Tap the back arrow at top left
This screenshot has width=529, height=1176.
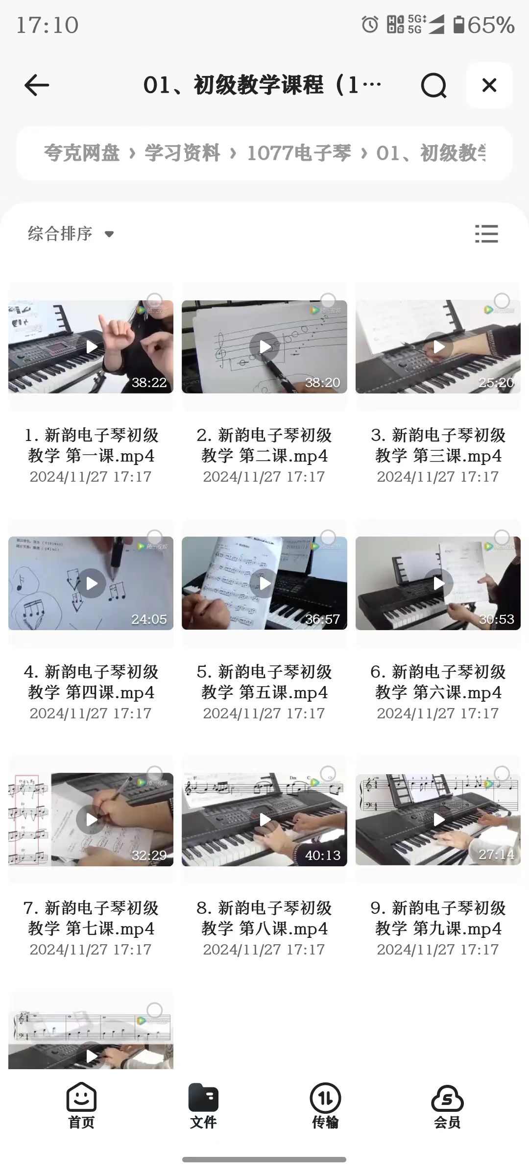click(37, 86)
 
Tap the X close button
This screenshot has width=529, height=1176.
click(489, 85)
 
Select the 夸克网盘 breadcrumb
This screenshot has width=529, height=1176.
click(82, 153)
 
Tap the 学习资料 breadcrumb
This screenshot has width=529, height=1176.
click(182, 153)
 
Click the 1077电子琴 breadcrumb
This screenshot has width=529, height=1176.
click(299, 153)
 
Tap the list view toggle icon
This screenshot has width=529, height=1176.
click(486, 234)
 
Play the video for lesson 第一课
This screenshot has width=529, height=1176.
click(92, 347)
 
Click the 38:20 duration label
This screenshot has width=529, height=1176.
click(322, 383)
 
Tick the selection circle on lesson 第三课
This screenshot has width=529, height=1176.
click(502, 300)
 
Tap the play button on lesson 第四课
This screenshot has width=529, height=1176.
click(92, 584)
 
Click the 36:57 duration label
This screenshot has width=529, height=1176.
click(322, 619)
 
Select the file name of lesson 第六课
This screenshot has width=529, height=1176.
click(438, 682)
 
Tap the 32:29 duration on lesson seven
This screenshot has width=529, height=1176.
click(149, 856)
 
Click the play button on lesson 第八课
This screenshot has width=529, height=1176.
click(265, 820)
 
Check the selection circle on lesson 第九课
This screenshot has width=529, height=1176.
click(502, 774)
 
